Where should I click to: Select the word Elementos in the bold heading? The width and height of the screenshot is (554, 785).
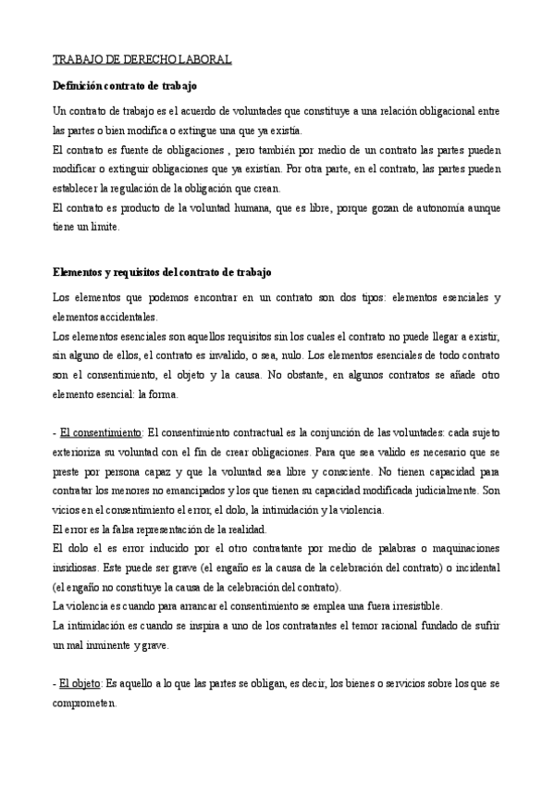tap(81, 272)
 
